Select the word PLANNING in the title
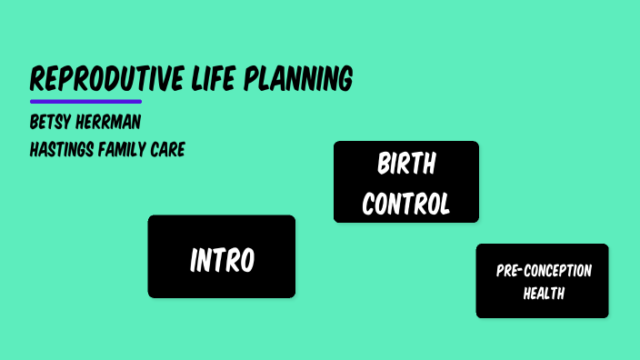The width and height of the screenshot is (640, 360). (301, 79)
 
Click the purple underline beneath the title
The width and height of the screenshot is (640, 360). (85, 101)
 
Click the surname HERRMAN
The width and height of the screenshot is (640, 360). (112, 122)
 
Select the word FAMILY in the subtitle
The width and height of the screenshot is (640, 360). (126, 149)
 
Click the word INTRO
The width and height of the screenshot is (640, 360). (222, 261)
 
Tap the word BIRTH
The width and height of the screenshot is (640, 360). (406, 165)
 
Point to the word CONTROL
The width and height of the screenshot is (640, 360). (406, 204)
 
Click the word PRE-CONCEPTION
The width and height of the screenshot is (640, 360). (544, 271)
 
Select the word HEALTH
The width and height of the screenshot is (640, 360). (544, 294)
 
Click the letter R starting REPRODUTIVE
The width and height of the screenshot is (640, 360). (37, 79)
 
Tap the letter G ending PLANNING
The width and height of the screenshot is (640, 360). (345, 79)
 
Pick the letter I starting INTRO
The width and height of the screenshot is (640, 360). (194, 261)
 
